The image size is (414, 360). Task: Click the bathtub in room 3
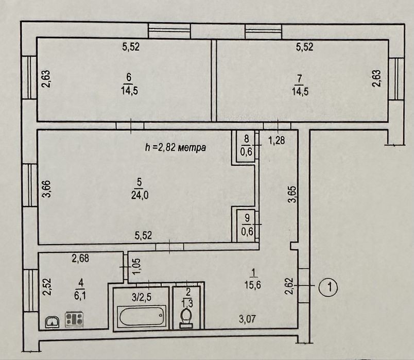tap(141, 316)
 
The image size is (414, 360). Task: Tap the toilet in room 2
tap(186, 318)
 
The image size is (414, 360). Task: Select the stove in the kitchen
tap(74, 319)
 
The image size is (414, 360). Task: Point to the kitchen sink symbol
tap(53, 322)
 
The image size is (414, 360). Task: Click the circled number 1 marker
tap(328, 287)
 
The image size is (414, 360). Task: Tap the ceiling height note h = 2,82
tap(176, 148)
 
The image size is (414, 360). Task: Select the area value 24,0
tap(140, 195)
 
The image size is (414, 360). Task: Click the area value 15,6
tap(253, 285)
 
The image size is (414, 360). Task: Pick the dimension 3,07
tap(247, 319)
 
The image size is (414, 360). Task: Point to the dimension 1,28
tap(277, 140)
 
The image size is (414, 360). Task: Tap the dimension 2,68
tap(80, 259)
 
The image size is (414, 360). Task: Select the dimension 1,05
tap(137, 266)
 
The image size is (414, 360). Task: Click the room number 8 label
tap(246, 139)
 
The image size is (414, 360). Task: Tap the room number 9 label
tap(247, 218)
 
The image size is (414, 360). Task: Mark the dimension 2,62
tap(289, 286)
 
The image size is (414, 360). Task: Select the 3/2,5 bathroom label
tap(141, 298)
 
